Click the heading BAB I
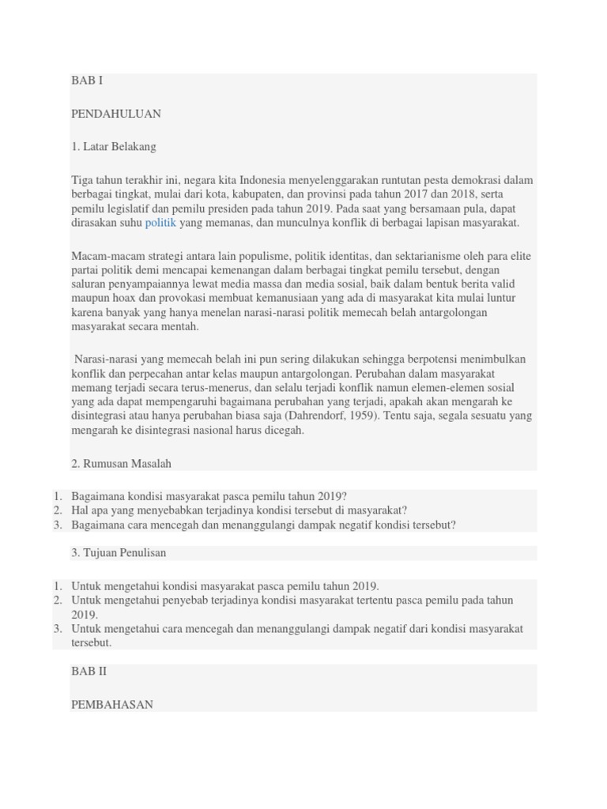87,81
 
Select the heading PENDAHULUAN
115,114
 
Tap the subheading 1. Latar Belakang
113,146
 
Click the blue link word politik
160,223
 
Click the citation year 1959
358,416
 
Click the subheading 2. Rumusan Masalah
121,464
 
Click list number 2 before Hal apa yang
58,510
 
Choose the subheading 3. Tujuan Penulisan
119,553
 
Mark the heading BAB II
89,672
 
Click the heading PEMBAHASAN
112,704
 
